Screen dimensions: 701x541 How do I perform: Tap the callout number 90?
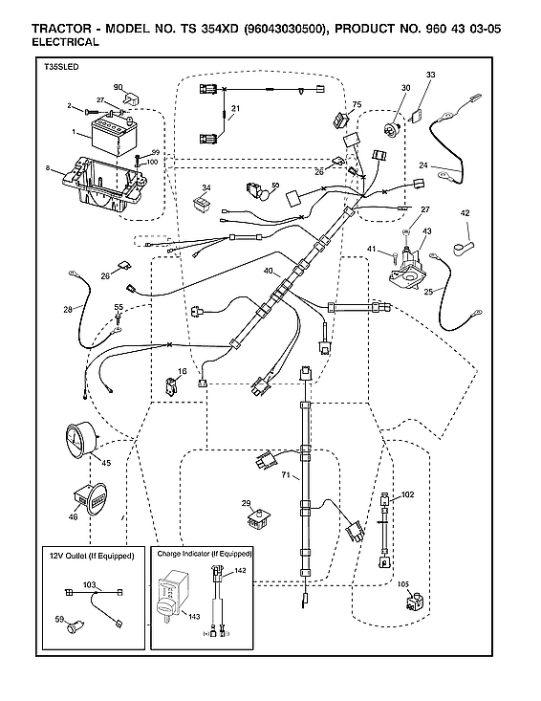pyautogui.click(x=119, y=87)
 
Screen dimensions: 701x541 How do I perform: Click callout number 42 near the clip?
pyautogui.click(x=465, y=212)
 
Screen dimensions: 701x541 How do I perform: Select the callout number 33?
pyautogui.click(x=430, y=75)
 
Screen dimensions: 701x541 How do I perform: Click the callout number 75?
pyautogui.click(x=357, y=104)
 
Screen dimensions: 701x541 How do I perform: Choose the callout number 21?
pyautogui.click(x=235, y=108)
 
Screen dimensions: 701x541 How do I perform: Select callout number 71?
pyautogui.click(x=284, y=474)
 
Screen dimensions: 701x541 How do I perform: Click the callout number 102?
pyautogui.click(x=407, y=494)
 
